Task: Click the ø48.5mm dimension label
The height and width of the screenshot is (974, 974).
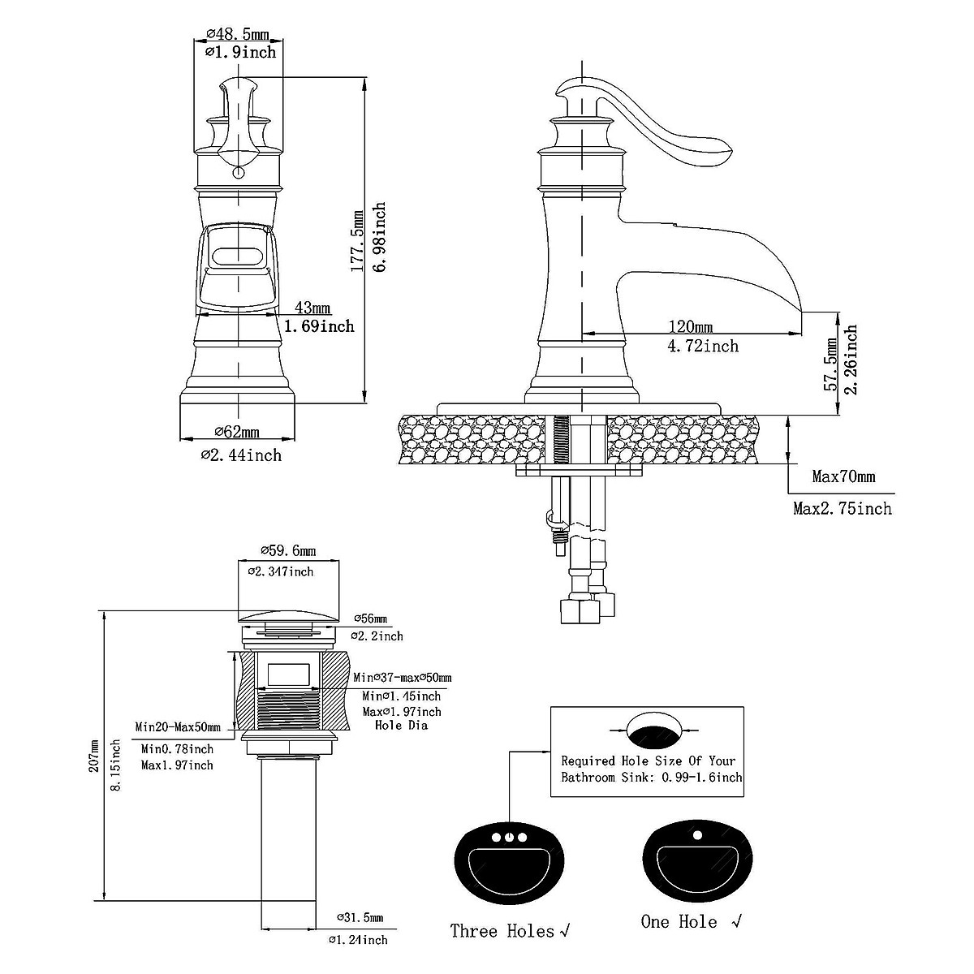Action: point(238,34)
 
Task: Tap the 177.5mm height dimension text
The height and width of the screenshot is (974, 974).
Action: point(357,241)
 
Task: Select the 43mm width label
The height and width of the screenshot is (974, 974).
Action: point(312,308)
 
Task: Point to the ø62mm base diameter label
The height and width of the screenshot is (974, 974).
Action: point(237,432)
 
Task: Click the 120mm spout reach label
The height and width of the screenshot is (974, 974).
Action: point(691,326)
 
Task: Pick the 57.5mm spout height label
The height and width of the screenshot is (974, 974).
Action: point(830,364)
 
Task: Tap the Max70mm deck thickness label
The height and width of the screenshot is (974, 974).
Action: point(843,476)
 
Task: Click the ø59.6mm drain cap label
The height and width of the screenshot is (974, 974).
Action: point(288,550)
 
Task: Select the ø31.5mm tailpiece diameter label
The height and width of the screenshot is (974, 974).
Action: point(360,931)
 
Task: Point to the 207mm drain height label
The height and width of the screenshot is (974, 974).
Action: point(94,756)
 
